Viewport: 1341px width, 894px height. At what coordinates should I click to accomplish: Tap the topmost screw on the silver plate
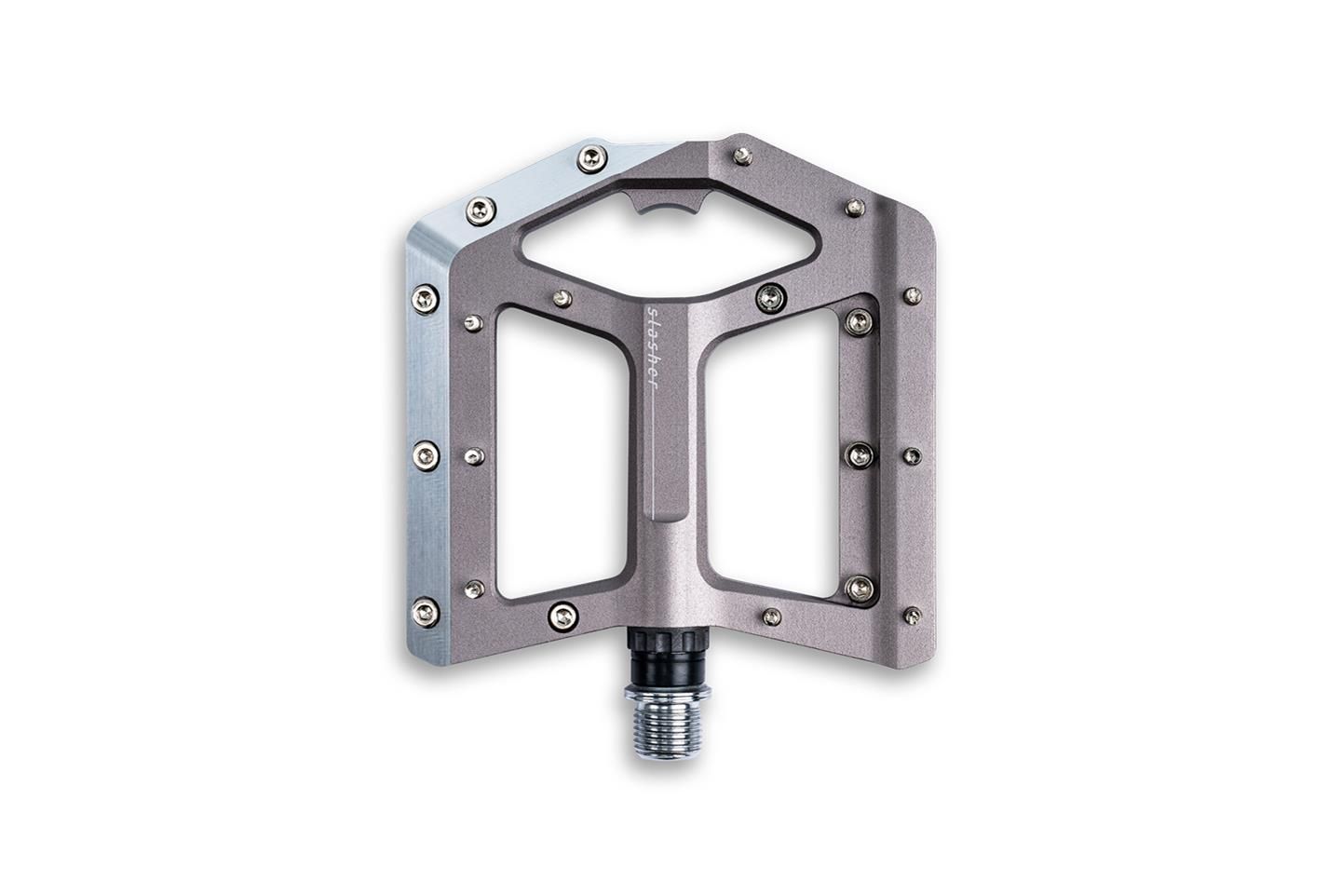point(592,158)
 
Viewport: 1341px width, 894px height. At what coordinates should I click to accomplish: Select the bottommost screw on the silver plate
point(426,612)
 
